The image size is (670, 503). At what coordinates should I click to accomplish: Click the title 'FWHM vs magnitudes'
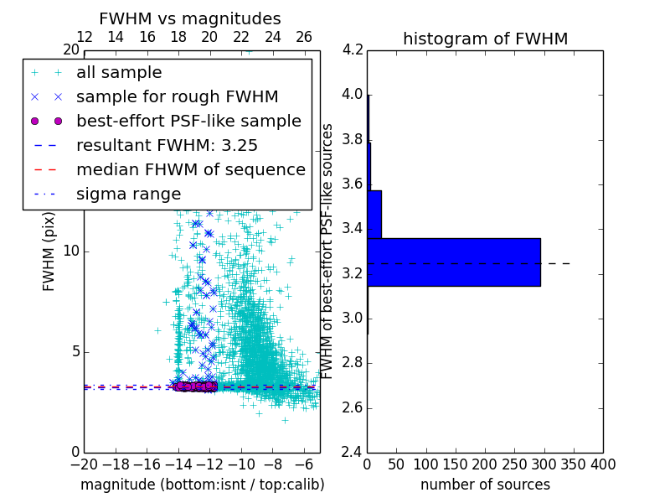(x=189, y=18)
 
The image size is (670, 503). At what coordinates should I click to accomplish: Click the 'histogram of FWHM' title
(x=485, y=39)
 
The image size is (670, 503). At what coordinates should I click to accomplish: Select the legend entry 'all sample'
(x=119, y=73)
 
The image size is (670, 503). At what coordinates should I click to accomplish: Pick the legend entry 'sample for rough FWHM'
(x=177, y=97)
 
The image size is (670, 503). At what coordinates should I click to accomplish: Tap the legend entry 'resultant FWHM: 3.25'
(x=167, y=145)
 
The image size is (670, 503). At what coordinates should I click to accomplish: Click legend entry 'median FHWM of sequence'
(x=190, y=169)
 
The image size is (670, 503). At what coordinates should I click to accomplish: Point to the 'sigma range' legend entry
(x=128, y=194)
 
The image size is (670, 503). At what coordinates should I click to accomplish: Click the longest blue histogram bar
(x=453, y=262)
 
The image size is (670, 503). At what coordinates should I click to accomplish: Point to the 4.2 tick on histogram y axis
(x=353, y=49)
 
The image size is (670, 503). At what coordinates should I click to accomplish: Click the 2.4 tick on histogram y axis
(x=353, y=453)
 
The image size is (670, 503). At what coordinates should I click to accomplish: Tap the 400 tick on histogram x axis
(x=603, y=464)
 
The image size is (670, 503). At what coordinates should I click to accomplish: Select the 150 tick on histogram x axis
(x=456, y=464)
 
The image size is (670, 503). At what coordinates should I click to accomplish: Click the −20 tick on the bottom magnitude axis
(x=84, y=464)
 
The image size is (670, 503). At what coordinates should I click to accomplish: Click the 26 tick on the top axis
(x=304, y=38)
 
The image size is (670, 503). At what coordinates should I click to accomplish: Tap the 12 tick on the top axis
(x=84, y=38)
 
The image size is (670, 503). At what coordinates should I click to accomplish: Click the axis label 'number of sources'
(x=485, y=485)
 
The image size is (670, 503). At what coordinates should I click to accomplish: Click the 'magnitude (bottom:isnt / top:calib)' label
(x=202, y=485)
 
